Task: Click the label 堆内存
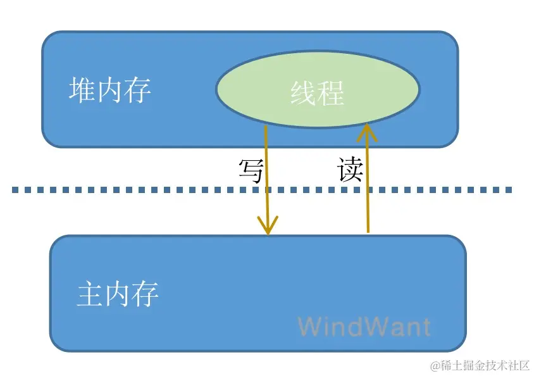pos(109,91)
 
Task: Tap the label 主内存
pos(118,294)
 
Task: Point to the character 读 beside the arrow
pos(350,170)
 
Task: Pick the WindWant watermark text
pos(364,327)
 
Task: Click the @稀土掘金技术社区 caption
pos(480,366)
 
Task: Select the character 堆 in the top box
pos(82,91)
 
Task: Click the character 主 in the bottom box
pos(90,294)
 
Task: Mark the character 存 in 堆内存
pos(138,91)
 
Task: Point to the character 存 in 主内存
pos(146,294)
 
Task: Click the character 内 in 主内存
pos(118,294)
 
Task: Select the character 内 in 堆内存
pos(110,91)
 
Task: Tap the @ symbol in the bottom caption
pos(435,366)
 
